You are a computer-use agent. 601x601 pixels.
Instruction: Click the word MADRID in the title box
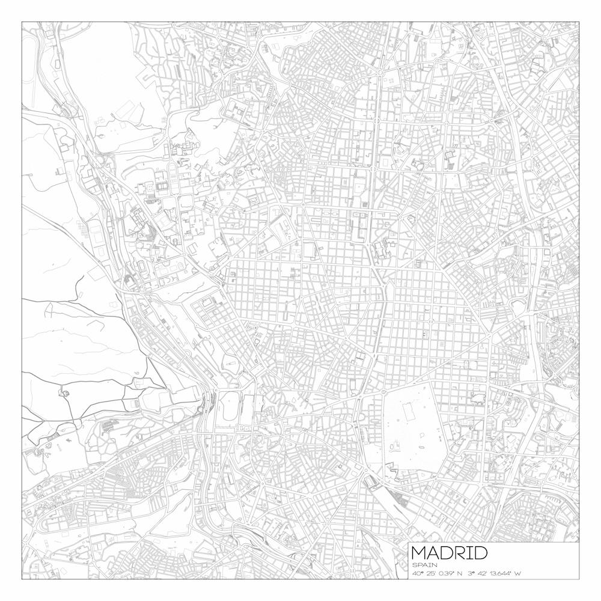click(449, 553)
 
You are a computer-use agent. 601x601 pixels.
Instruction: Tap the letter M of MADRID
click(418, 553)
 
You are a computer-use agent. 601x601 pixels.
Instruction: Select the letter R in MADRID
click(460, 553)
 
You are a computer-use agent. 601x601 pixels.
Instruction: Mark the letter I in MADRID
click(469, 553)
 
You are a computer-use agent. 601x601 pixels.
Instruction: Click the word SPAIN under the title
click(425, 565)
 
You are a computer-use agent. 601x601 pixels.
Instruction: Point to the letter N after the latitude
click(459, 573)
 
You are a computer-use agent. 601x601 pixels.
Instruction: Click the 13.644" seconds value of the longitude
click(501, 573)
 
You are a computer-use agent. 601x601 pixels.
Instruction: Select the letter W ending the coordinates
click(517, 573)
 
